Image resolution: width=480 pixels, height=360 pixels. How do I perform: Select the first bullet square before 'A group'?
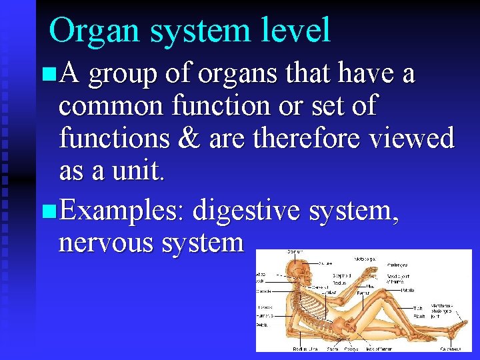tap(46, 76)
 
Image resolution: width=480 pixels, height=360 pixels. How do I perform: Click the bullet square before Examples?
tap(46, 213)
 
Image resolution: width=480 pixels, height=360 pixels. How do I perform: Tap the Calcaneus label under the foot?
tap(450, 348)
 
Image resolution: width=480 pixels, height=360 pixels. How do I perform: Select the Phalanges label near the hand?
tap(398, 264)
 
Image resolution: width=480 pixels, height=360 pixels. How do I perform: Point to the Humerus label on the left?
tap(265, 314)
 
